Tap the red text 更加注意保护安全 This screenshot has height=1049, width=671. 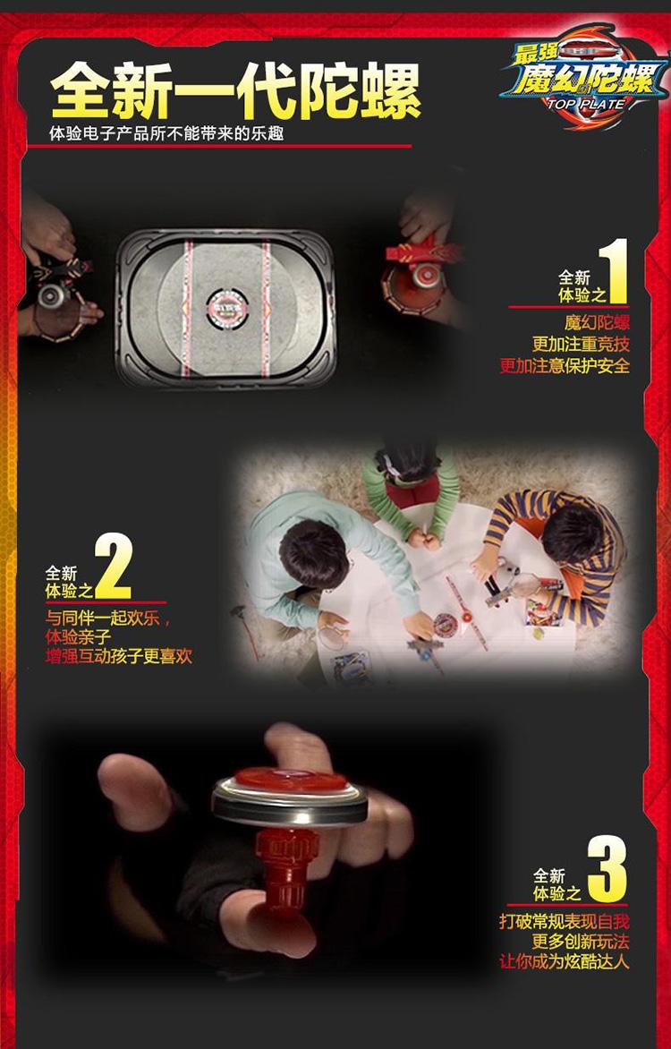pos(564,365)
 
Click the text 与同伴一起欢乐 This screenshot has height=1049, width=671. pos(106,617)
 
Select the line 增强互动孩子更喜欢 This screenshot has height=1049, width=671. pos(119,657)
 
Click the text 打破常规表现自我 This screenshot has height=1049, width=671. pos(564,921)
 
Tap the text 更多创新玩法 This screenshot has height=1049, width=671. pos(580,942)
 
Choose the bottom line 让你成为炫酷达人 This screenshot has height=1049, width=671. pos(564,962)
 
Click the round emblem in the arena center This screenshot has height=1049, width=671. pos(225,302)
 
